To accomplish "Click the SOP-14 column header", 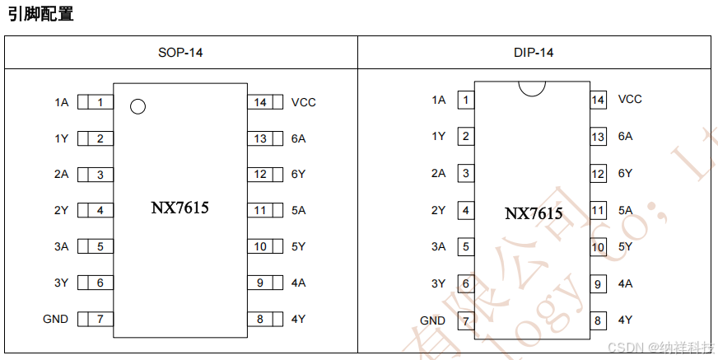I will [180, 53].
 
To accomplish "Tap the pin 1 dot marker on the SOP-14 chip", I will [138, 105].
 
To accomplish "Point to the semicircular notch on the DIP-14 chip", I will [532, 87].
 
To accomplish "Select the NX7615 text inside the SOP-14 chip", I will [179, 208].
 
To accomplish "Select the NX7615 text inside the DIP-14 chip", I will [534, 213].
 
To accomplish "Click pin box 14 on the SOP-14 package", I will [260, 102].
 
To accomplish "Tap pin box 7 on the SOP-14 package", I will [100, 319].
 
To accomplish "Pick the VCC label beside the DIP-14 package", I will [630, 99].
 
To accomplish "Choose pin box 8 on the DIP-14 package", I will [598, 320].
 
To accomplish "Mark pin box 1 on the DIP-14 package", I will [466, 100].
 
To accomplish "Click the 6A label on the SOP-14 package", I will [298, 138].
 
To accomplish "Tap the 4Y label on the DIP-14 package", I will [625, 320].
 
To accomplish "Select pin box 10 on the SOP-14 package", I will [260, 246].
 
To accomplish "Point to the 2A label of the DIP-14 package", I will [438, 173].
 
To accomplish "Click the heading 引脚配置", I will [40, 14].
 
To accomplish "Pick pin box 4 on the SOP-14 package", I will [100, 210].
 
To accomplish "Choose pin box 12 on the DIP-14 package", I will [598, 174].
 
